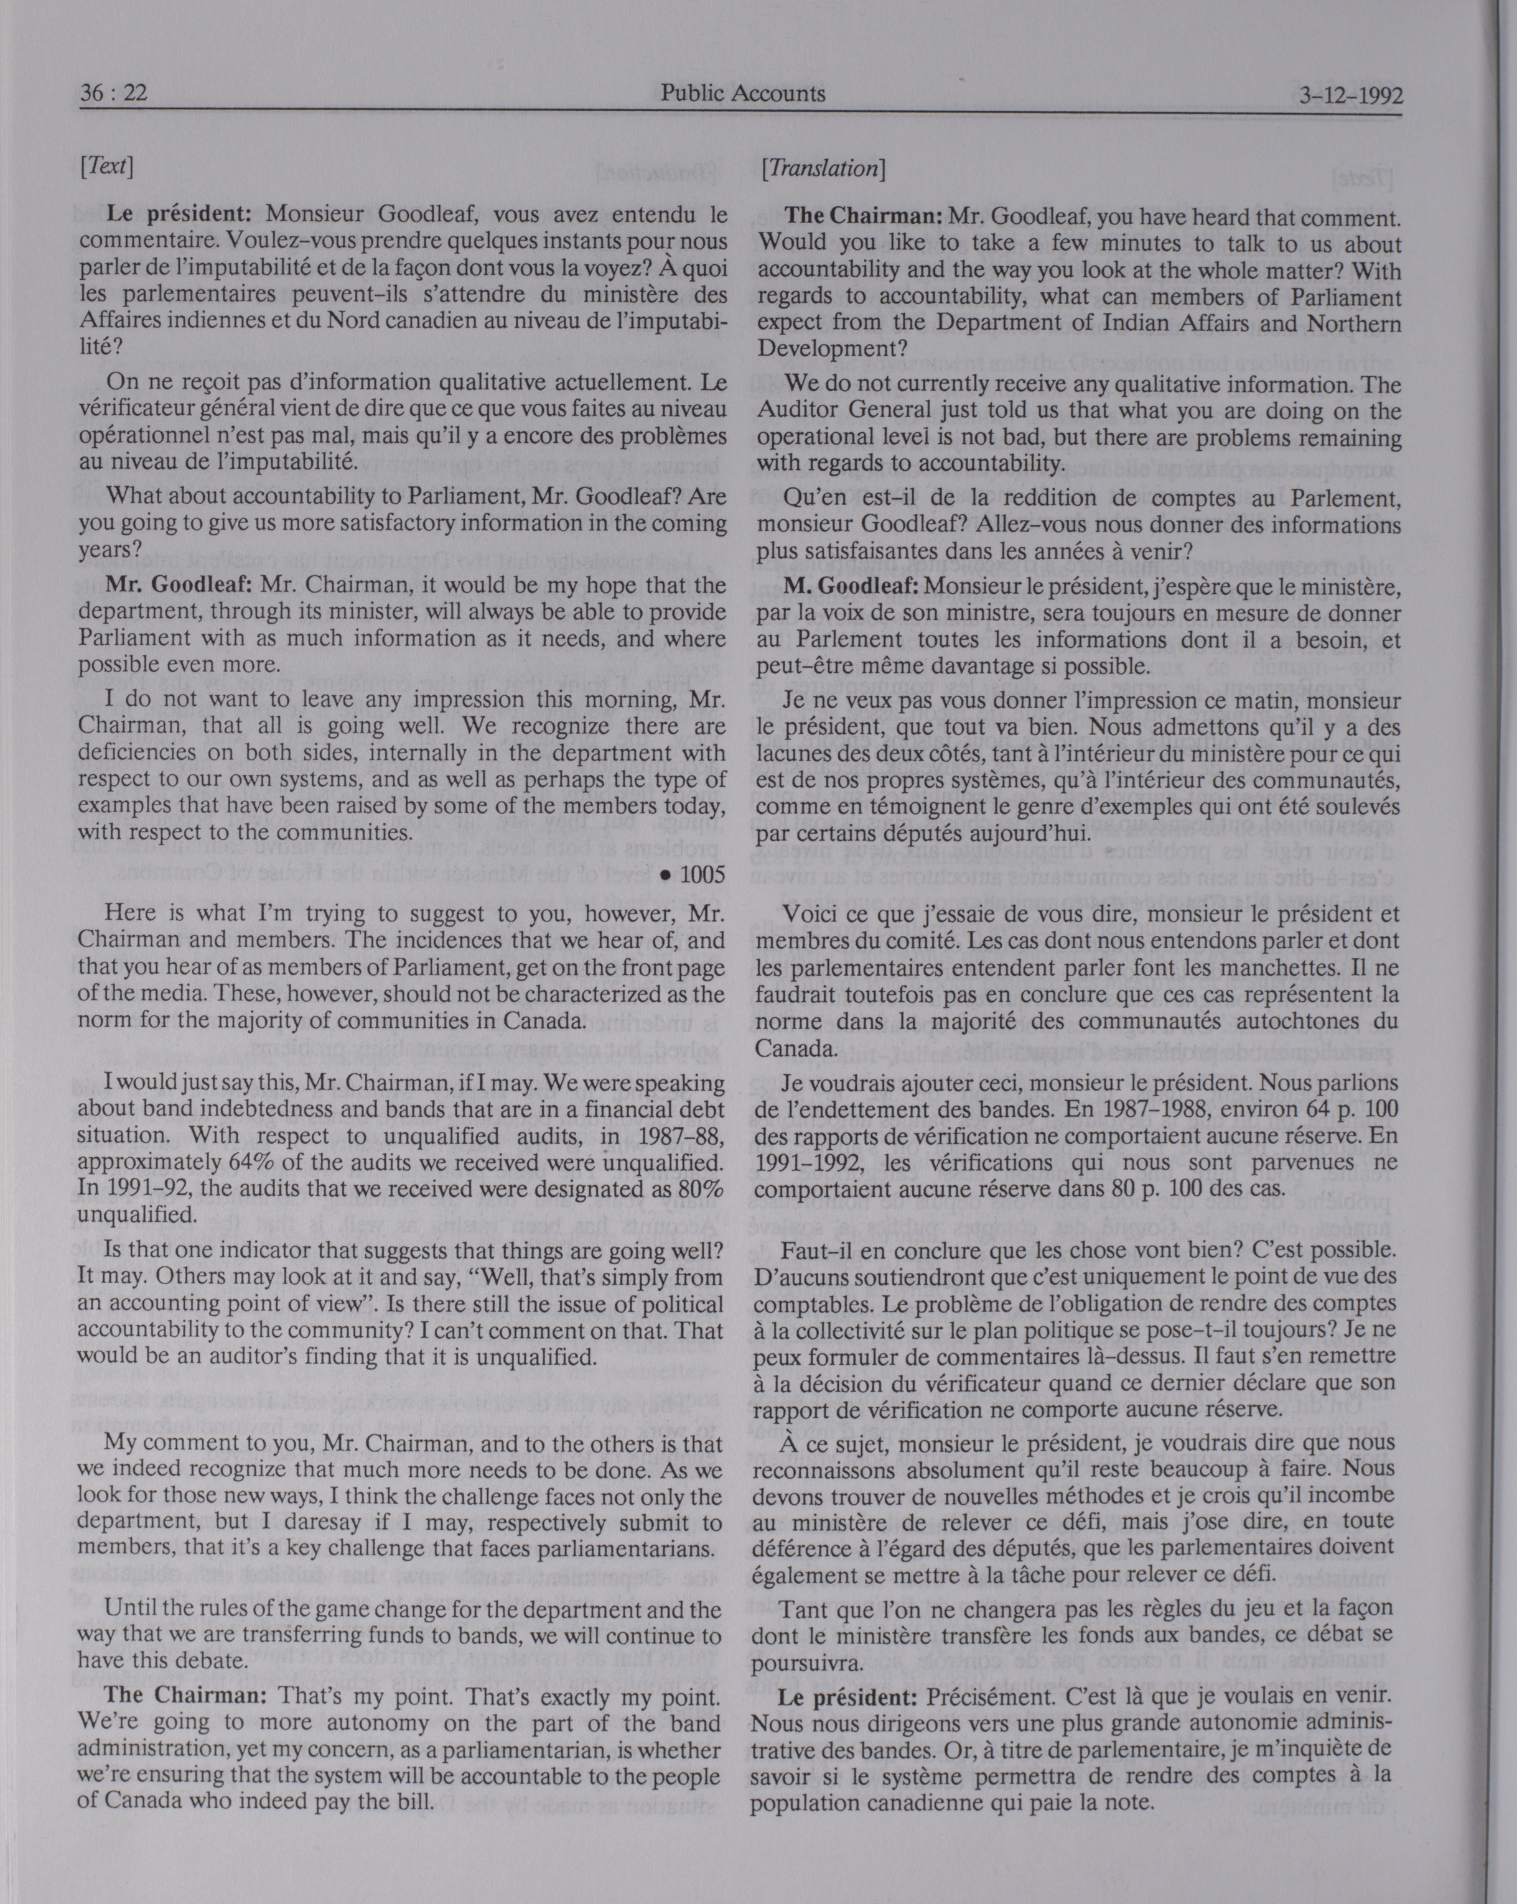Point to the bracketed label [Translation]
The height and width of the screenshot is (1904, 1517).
click(x=823, y=168)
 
